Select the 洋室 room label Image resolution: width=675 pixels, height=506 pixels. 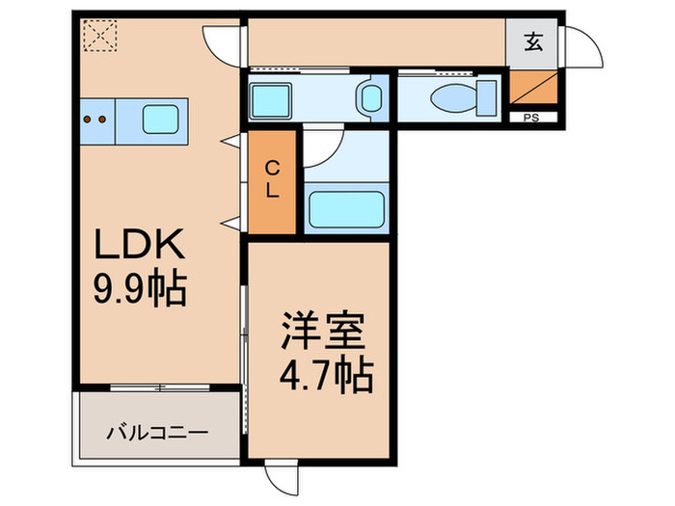click(x=322, y=333)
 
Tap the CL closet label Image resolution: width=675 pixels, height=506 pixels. click(x=273, y=180)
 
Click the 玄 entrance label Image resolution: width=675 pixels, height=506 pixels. click(x=532, y=41)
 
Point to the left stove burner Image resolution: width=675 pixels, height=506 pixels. click(x=89, y=120)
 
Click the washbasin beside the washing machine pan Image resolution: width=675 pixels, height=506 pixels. click(x=370, y=97)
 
